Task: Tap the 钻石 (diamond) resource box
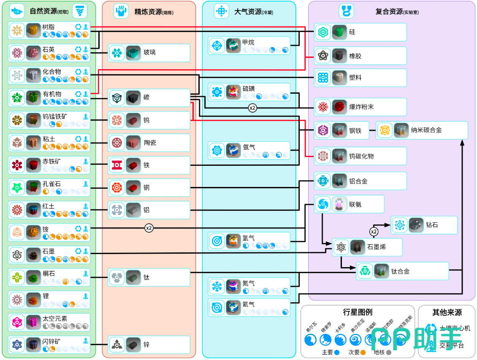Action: (x=424, y=225)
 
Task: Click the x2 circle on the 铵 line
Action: (x=149, y=228)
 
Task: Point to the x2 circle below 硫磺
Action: (x=252, y=108)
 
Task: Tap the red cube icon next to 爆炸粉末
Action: (x=339, y=107)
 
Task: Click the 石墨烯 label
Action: (x=377, y=247)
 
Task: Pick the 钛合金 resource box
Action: (x=402, y=271)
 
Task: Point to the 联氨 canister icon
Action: (x=339, y=204)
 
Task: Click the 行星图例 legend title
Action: (x=358, y=313)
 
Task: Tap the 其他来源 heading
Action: (x=447, y=313)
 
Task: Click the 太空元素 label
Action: (x=55, y=319)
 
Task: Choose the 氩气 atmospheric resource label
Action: (x=249, y=304)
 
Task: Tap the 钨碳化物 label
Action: (x=361, y=156)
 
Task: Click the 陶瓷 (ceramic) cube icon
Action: (x=133, y=143)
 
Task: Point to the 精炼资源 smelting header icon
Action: (x=121, y=11)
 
